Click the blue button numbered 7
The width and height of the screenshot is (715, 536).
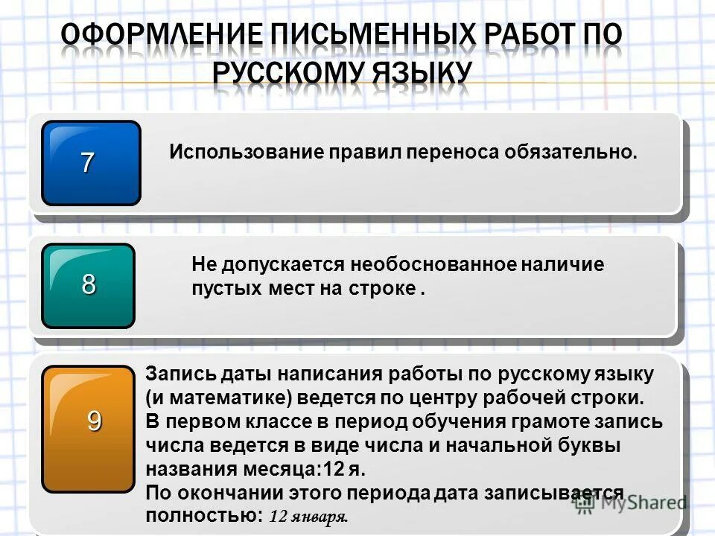pos(91,163)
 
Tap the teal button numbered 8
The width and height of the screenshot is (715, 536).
pos(89,285)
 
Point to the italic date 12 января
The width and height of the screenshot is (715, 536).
pos(308,516)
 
